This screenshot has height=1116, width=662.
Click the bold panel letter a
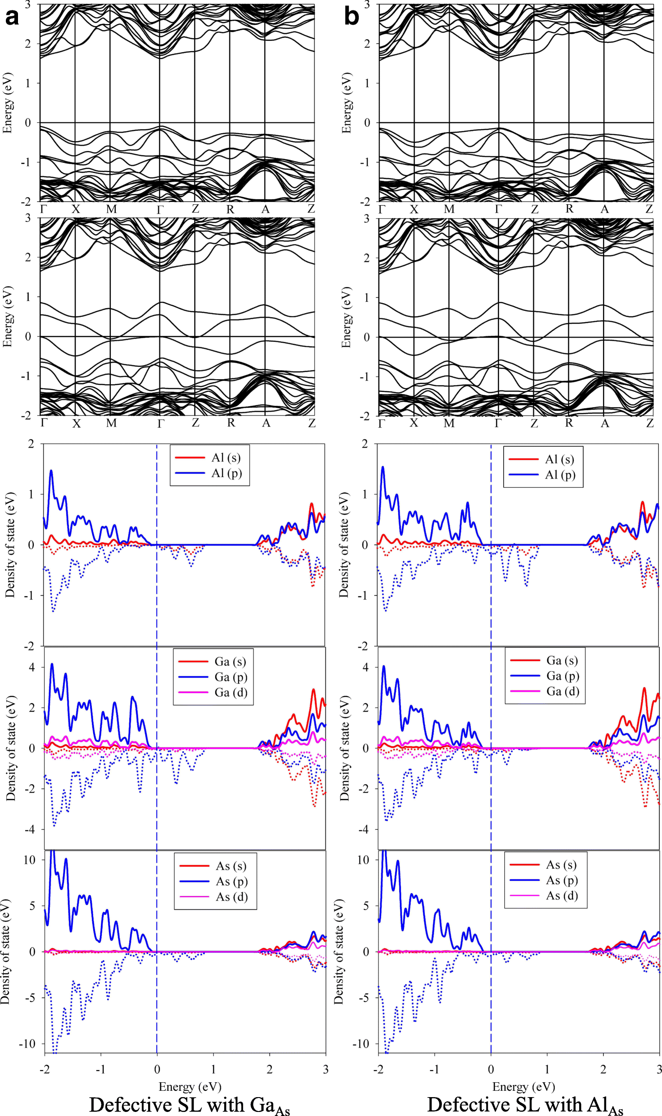tap(12, 17)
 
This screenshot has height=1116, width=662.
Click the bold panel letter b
tap(351, 17)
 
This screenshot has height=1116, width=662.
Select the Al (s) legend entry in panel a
tap(225, 457)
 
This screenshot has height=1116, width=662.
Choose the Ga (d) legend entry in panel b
tap(563, 691)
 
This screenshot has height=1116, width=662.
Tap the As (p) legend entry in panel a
tap(231, 881)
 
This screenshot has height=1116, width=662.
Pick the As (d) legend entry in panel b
tap(562, 896)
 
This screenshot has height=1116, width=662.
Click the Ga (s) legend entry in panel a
tap(230, 661)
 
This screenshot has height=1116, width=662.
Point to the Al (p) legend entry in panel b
tap(560, 475)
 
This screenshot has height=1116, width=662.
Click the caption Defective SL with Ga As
tap(189, 1105)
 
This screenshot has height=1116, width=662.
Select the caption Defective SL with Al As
tap(525, 1105)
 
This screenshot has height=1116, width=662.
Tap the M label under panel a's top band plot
tap(111, 209)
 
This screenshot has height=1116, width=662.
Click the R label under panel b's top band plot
tap(569, 209)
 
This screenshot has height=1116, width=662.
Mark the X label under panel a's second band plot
tap(77, 423)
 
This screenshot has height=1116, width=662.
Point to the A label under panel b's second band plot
tap(605, 423)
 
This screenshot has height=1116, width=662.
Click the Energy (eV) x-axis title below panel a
tap(190, 1087)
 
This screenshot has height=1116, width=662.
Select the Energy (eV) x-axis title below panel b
tap(523, 1087)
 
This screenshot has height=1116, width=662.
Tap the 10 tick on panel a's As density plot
tap(29, 860)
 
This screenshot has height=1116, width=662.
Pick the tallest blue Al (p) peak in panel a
tap(51, 471)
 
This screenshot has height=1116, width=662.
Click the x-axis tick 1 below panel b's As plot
tap(547, 1069)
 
